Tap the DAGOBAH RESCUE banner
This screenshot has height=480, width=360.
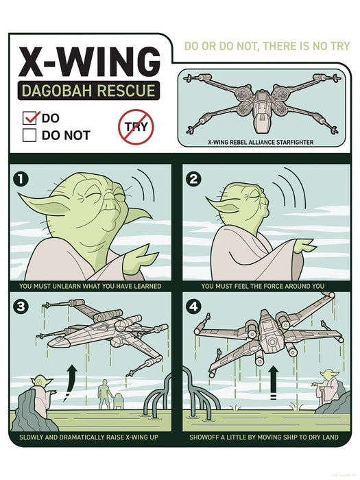click(x=88, y=91)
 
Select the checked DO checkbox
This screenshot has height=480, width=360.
click(x=30, y=118)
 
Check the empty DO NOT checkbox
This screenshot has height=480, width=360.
click(x=29, y=135)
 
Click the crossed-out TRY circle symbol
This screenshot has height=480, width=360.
click(x=136, y=127)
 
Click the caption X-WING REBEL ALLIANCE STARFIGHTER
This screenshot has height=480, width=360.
click(x=260, y=142)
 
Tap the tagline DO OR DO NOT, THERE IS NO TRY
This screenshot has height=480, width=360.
click(x=267, y=47)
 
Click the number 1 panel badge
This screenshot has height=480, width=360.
click(x=22, y=180)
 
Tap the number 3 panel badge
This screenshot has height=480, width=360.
click(x=22, y=307)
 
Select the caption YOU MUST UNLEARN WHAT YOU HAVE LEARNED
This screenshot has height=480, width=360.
click(x=91, y=285)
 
